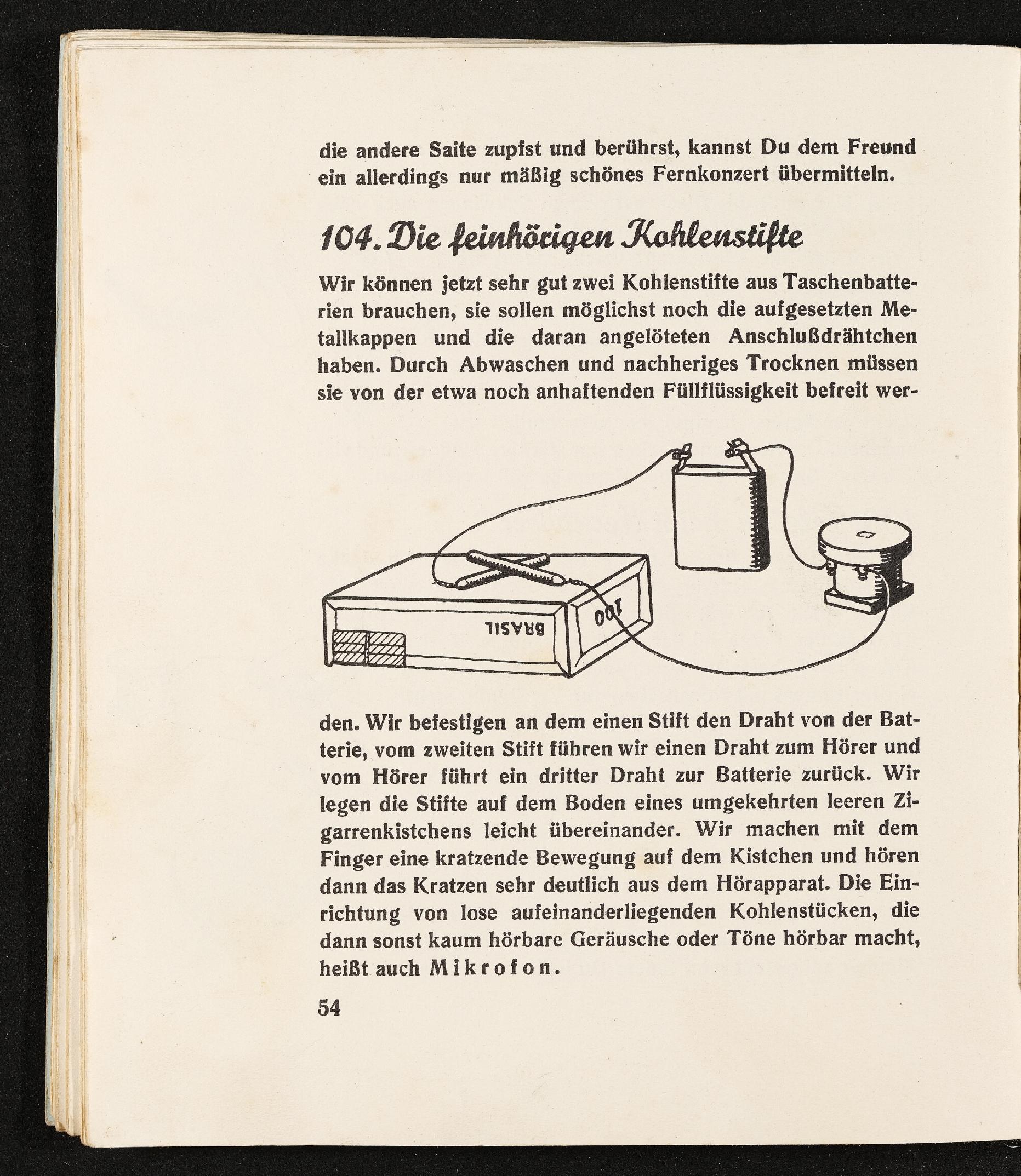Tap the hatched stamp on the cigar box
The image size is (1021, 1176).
(x=368, y=647)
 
